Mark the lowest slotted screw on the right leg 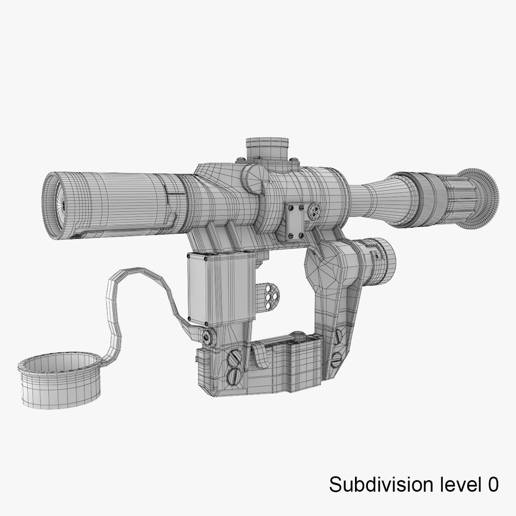pyautogui.click(x=336, y=358)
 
